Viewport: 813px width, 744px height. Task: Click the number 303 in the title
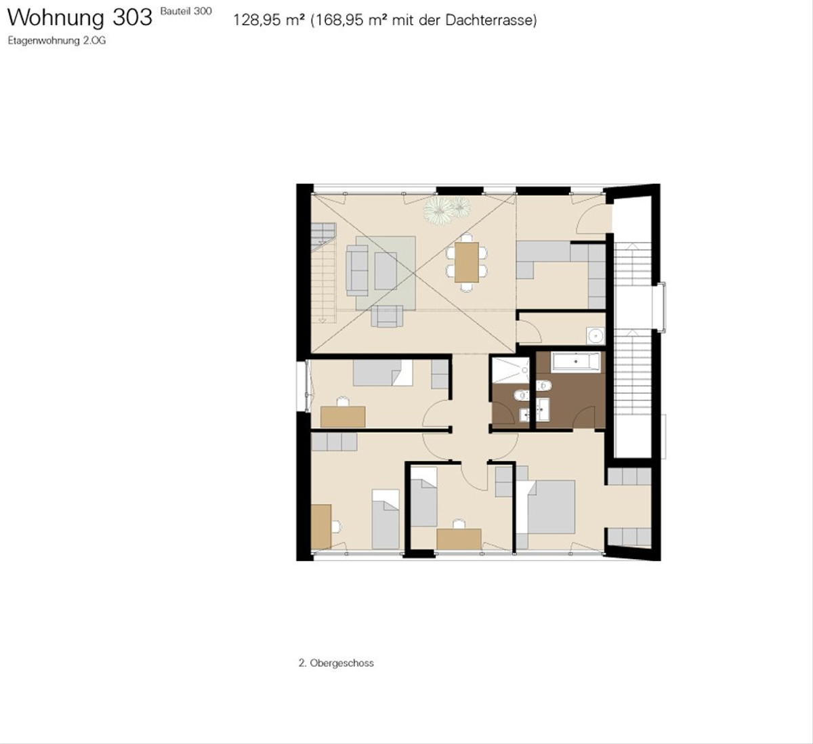tap(132, 18)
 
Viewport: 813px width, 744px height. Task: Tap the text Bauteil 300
tap(186, 12)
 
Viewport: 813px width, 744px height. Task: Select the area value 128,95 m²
tap(269, 20)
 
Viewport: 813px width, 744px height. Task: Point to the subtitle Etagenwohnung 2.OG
tap(57, 41)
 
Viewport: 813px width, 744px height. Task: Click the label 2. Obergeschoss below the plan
tap(336, 663)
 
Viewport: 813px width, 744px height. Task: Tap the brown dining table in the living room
tap(467, 262)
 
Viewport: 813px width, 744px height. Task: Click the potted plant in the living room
tap(447, 209)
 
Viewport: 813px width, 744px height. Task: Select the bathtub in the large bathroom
tap(576, 361)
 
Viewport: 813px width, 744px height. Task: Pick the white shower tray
tap(511, 370)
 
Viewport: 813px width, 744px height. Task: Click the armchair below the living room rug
tap(387, 316)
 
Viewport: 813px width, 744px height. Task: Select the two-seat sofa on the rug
tap(357, 270)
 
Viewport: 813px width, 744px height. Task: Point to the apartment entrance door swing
tap(593, 218)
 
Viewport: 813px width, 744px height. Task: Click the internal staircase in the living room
tap(324, 272)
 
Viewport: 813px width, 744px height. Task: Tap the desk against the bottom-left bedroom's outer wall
tap(321, 526)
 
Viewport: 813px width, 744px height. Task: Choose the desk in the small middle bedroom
tap(459, 539)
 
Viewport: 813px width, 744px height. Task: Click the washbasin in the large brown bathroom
tap(543, 409)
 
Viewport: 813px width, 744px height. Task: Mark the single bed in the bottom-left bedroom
tap(385, 520)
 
